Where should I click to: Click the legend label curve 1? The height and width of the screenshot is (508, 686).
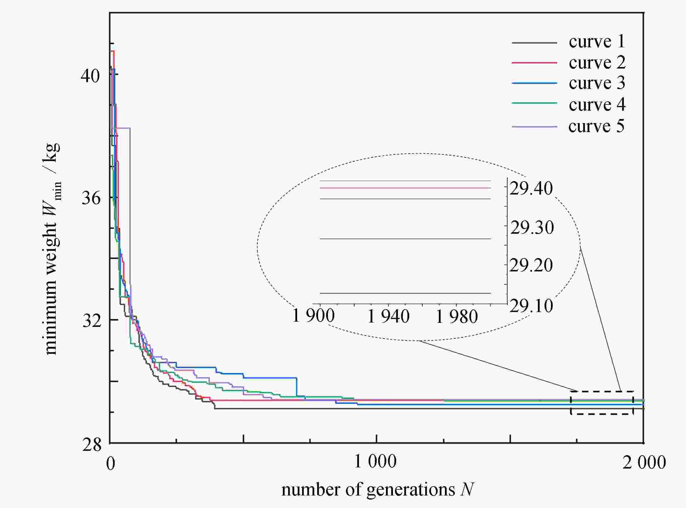click(597, 42)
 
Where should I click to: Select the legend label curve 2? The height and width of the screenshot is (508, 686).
click(597, 63)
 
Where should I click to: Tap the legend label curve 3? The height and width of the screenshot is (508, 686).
click(597, 83)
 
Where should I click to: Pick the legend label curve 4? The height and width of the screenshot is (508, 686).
click(597, 105)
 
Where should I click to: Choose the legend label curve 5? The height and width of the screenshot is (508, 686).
click(596, 126)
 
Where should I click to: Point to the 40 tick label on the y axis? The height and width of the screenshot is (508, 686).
click(90, 76)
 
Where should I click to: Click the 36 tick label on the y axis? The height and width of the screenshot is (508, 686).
click(91, 198)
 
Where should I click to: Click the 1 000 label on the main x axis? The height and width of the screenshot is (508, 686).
click(375, 462)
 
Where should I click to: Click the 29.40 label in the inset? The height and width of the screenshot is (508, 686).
click(531, 188)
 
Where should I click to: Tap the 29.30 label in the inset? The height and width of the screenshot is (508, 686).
click(532, 228)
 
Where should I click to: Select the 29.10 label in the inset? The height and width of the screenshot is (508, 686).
click(531, 306)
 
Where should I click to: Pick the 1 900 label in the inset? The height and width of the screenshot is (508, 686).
click(313, 316)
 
